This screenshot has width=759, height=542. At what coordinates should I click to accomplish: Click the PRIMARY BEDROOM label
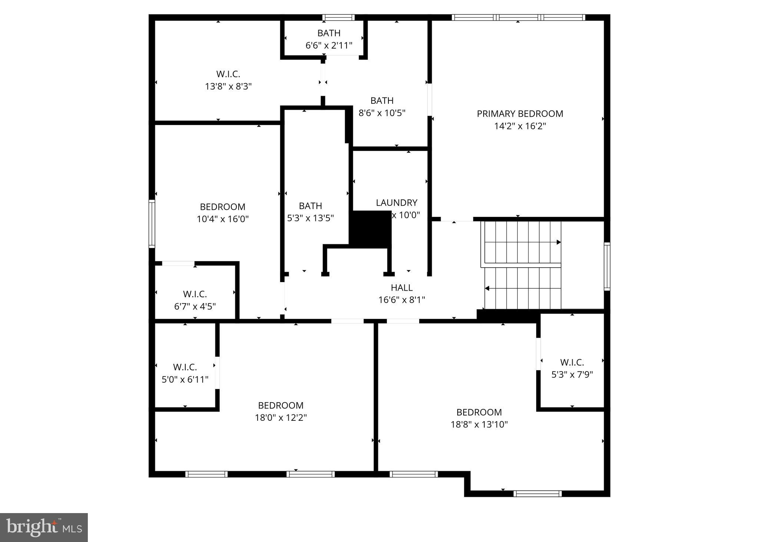[x=520, y=114]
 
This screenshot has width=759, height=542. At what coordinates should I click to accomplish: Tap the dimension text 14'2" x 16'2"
[x=520, y=126]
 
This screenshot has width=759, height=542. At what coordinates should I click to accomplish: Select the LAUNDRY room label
[x=397, y=203]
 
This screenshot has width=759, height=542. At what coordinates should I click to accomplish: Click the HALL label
[x=401, y=288]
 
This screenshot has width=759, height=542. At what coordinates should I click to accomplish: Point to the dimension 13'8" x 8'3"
[x=228, y=86]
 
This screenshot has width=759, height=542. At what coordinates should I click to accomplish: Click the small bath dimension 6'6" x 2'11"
[x=329, y=45]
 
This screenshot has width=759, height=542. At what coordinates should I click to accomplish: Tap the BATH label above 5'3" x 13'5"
[x=310, y=206]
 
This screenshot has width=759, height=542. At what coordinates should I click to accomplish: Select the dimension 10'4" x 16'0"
[x=222, y=219]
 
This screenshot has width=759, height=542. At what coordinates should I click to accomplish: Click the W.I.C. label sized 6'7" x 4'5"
[x=195, y=294]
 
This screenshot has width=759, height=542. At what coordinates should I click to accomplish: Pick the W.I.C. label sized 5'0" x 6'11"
[x=185, y=367]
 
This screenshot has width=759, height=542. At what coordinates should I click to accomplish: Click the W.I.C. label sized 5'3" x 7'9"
[x=572, y=362]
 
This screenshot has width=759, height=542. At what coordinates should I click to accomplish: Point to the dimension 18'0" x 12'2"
[x=281, y=418]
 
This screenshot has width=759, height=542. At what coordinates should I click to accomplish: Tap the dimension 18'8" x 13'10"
[x=479, y=424]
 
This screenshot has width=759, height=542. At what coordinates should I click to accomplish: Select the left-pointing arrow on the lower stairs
[x=487, y=288]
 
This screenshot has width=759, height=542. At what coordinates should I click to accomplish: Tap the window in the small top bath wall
[x=338, y=17]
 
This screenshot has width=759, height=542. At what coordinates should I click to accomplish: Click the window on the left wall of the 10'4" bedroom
[x=152, y=224]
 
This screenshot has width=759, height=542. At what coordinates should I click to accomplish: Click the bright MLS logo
[x=44, y=528]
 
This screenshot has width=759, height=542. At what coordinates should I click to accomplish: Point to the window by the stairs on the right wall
[x=607, y=266]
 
